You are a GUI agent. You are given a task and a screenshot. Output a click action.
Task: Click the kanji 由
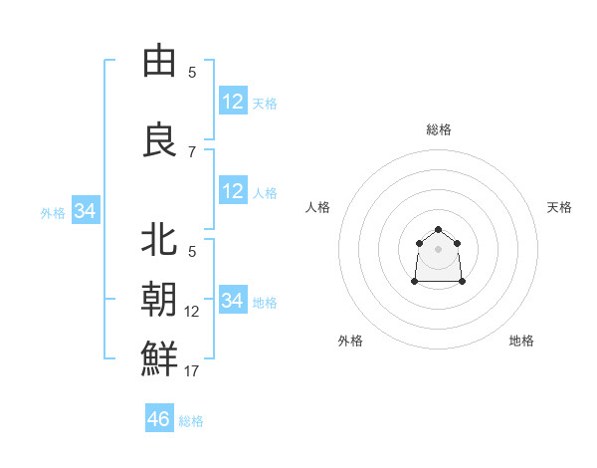click(159, 62)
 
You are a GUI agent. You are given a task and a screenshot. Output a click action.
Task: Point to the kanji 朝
click(159, 299)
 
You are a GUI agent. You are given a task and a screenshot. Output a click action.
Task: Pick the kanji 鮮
click(159, 357)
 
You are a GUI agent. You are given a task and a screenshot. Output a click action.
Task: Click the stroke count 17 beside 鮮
click(191, 371)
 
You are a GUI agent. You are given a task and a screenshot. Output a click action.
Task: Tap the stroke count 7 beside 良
click(192, 151)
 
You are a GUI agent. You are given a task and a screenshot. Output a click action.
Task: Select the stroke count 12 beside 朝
click(191, 312)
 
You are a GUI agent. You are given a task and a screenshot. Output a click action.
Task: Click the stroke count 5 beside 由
click(192, 72)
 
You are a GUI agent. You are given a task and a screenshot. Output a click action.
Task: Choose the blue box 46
click(159, 419)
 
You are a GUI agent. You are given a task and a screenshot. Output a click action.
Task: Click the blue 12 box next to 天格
click(233, 101)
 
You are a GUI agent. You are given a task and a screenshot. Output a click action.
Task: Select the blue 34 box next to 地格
click(233, 300)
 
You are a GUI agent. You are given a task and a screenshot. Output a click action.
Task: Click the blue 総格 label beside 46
click(191, 421)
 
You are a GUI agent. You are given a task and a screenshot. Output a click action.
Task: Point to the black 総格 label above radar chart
click(439, 129)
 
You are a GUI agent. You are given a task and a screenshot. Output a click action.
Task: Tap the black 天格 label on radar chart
click(559, 207)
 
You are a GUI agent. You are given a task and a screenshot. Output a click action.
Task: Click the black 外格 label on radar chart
click(350, 341)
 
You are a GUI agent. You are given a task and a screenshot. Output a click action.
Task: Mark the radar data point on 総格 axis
click(439, 230)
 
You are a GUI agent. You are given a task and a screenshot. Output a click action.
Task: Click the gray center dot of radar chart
click(439, 248)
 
